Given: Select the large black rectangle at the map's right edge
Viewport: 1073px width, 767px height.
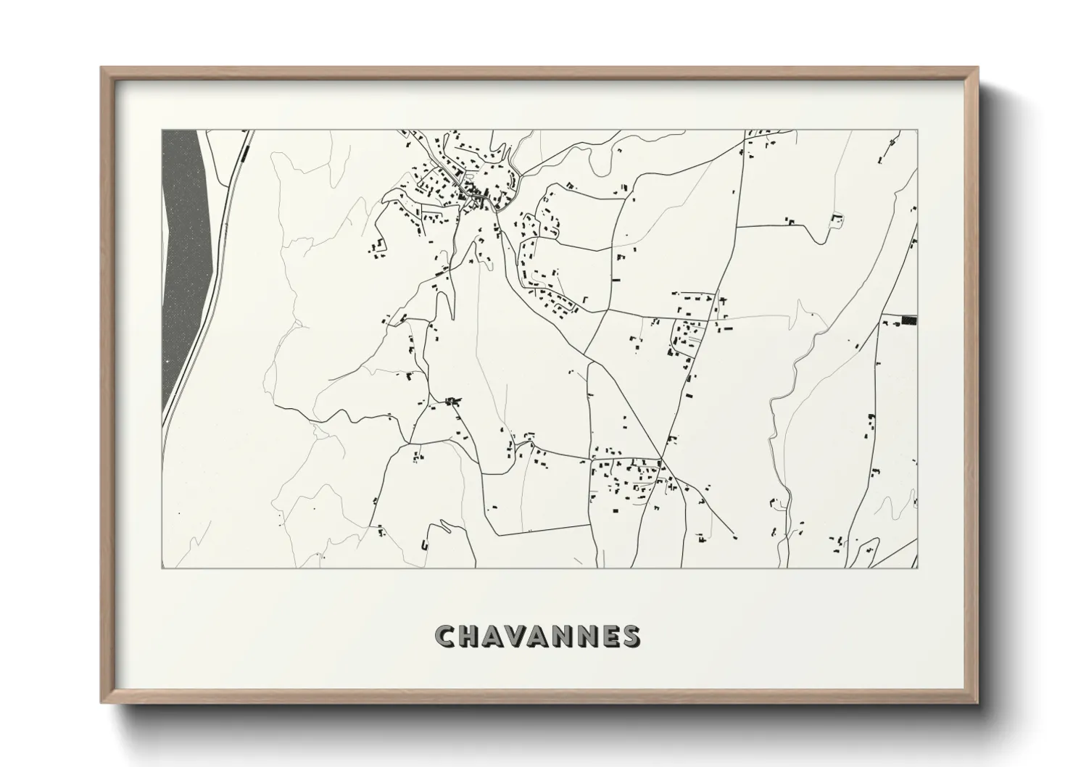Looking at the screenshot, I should (909, 320).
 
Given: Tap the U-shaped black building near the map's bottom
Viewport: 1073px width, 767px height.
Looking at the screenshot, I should (424, 543).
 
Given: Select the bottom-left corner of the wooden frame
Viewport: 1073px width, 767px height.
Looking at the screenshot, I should (102, 702).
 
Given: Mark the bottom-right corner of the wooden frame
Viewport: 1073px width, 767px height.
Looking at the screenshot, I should (977, 702).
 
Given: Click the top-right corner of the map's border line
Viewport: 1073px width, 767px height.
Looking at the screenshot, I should (918, 130).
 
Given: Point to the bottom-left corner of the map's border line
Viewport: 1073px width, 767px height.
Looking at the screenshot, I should (162, 568).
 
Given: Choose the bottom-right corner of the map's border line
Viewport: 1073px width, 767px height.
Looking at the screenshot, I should (918, 568).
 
